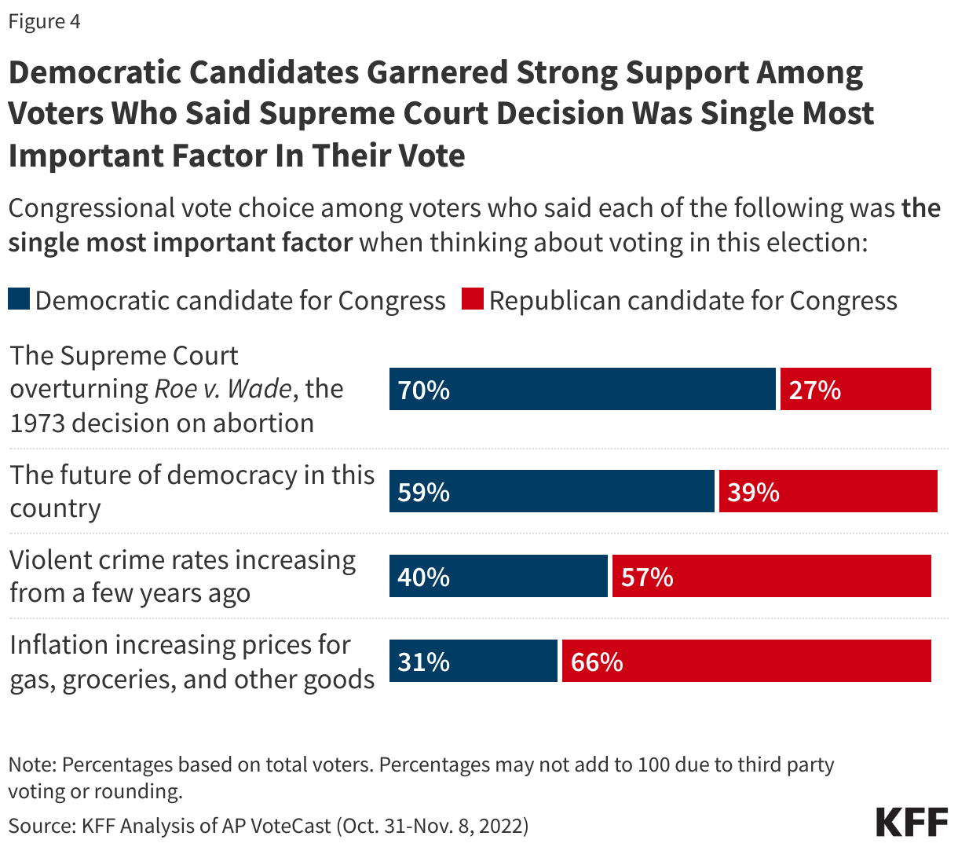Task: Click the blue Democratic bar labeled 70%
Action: point(582,389)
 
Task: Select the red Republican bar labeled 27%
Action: point(855,389)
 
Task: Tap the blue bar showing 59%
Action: point(552,491)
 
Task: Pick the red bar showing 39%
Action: point(828,491)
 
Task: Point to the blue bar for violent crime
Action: point(498,576)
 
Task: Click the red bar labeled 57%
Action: point(771,576)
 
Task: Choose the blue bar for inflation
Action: point(473,661)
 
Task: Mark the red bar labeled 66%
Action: point(746,661)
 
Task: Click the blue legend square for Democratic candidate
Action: point(19,299)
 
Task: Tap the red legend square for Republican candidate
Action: point(472,299)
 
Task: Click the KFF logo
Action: point(912,822)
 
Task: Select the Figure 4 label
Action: point(44,21)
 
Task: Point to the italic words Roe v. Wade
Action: point(223,389)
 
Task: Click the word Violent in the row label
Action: point(55,559)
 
